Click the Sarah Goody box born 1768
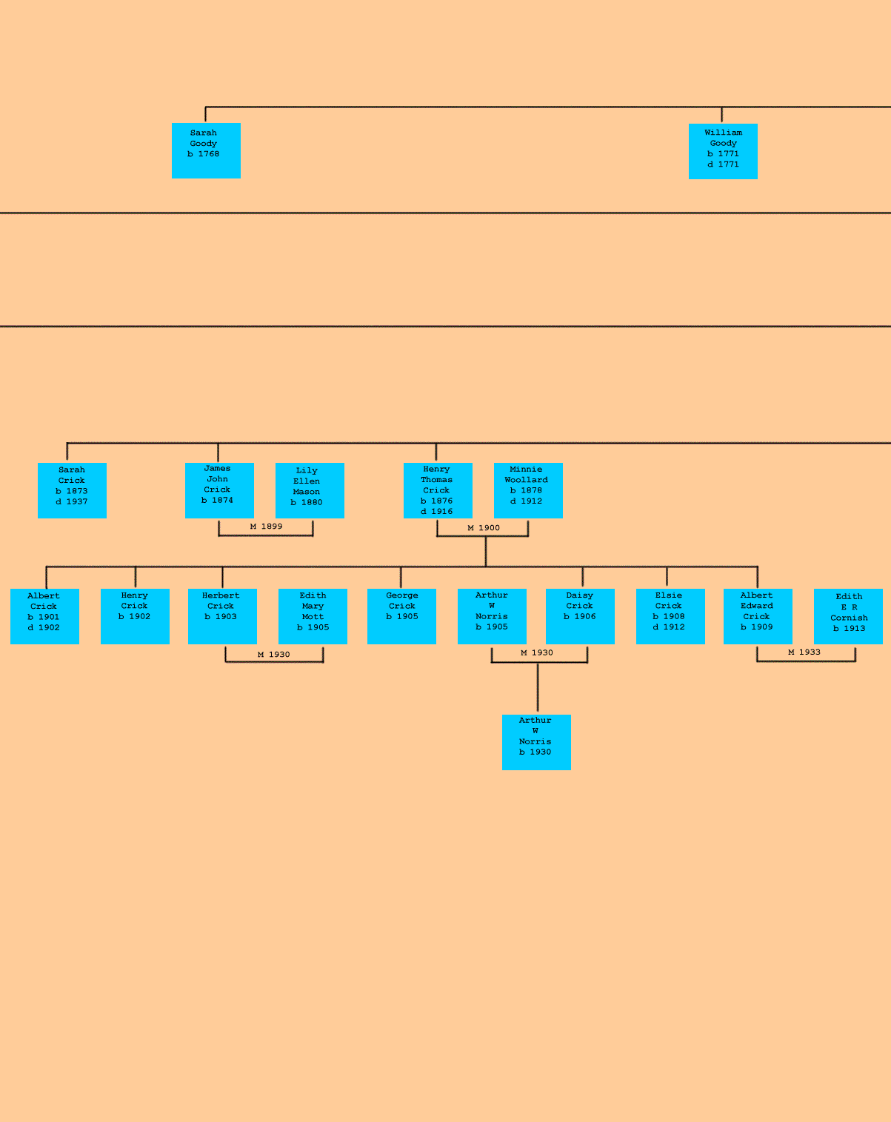pos(206,150)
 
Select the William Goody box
pos(723,151)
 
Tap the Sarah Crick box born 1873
pos(72,490)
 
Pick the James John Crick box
pos(219,490)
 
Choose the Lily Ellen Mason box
pos(310,490)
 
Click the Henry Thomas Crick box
pos(438,490)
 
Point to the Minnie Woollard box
pos(528,490)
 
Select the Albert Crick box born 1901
pos(44,616)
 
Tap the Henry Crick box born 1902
pos(135,616)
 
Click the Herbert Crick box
pos(222,616)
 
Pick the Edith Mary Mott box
pos(313,616)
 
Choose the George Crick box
pos(401,616)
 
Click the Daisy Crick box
pos(580,616)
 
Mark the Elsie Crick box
pos(670,616)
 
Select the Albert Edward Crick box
pos(758,616)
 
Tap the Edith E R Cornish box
pos(848,616)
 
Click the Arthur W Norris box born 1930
pos(536,742)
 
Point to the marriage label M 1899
pos(266,527)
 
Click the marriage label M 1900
pos(484,528)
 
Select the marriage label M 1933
pos(804,652)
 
